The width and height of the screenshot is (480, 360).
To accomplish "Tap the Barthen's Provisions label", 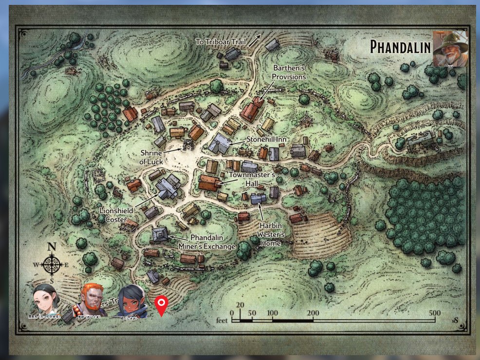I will pos(289,73).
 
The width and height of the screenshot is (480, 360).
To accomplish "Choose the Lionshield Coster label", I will pos(116,215).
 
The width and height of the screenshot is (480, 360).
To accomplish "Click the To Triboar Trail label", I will pos(221,42).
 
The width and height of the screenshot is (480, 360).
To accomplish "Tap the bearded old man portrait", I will pos(451,49).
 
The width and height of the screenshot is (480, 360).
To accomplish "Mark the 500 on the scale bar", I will pos(435,313).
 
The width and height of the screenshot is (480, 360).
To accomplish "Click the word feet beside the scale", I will pos(222,321).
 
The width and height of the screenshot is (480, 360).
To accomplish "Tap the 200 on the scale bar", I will pos(313,313).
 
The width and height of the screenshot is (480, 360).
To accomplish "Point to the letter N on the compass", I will pos(52,246).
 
